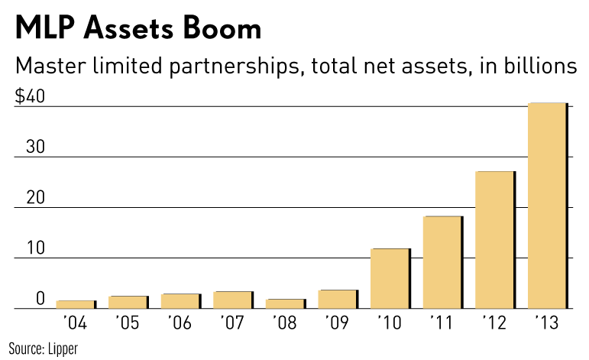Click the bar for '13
coord(547,206)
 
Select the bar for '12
coord(495,241)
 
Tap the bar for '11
coord(442,263)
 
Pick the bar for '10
coord(390,279)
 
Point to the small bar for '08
coord(285,304)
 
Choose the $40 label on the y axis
coord(30,98)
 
